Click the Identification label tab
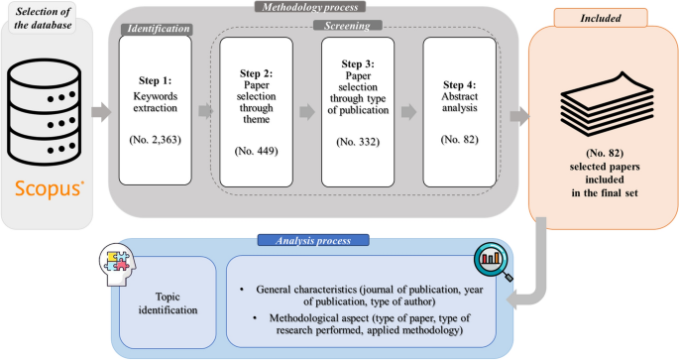click(156, 30)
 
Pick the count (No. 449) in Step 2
click(257, 152)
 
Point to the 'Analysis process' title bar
click(313, 239)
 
